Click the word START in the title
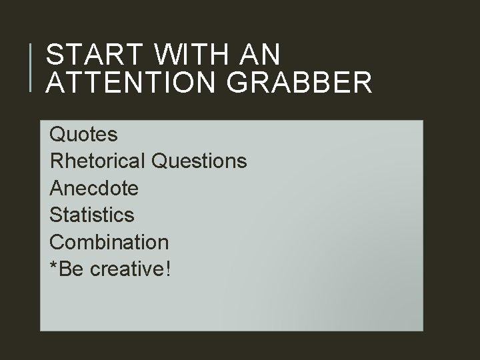pyautogui.click(x=90, y=54)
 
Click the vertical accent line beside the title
pyautogui.click(x=32, y=67)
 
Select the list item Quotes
pyautogui.click(x=84, y=135)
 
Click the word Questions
pyautogui.click(x=199, y=161)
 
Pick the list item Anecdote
pyautogui.click(x=94, y=188)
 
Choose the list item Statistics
pyautogui.click(x=92, y=215)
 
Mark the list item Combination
pyautogui.click(x=109, y=241)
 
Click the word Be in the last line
pyautogui.click(x=70, y=269)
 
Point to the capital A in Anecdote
pyautogui.click(x=57, y=188)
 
